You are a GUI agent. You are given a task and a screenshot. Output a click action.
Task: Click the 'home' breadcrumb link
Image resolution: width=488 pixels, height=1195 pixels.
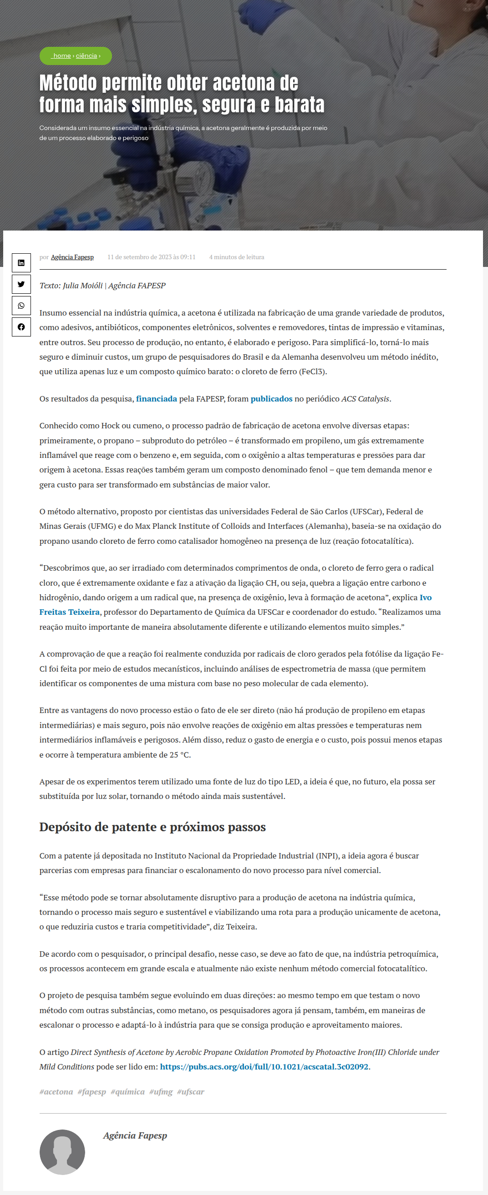(x=62, y=55)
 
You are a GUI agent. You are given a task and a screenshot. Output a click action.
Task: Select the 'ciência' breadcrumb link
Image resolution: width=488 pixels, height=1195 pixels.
(x=86, y=55)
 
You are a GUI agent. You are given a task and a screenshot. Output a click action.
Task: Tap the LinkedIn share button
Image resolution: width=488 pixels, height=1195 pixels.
(x=21, y=262)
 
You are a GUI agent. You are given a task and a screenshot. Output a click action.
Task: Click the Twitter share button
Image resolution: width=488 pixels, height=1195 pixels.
(x=21, y=284)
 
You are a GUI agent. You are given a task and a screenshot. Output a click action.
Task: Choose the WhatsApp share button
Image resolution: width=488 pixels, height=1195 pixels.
(x=21, y=306)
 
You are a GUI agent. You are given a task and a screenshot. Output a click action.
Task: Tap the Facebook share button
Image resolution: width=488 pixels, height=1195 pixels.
(x=21, y=327)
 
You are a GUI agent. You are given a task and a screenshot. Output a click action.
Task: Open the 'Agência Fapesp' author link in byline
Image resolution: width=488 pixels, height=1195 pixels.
(x=72, y=257)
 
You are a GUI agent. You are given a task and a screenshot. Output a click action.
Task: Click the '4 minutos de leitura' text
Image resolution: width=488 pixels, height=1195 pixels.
(x=236, y=257)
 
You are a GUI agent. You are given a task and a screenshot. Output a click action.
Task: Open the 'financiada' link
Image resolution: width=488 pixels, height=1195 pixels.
(x=156, y=398)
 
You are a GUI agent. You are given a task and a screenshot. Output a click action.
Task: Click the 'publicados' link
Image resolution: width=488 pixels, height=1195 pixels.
(x=271, y=398)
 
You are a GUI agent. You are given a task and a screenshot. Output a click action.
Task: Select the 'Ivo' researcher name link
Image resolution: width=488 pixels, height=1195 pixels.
(x=425, y=597)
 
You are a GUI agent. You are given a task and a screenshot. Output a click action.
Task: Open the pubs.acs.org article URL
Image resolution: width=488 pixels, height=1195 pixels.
(x=264, y=1066)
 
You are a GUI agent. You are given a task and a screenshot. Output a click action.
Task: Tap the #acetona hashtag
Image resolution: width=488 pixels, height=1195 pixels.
(x=56, y=1091)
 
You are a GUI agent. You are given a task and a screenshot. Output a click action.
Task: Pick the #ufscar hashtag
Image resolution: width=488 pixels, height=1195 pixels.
(x=190, y=1091)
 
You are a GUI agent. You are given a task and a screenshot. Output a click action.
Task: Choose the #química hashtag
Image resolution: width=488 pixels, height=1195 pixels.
(x=127, y=1091)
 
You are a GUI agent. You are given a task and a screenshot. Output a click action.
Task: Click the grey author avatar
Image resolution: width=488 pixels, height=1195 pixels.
(x=62, y=1152)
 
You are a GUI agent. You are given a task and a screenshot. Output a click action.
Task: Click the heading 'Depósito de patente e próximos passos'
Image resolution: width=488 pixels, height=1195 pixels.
(x=152, y=827)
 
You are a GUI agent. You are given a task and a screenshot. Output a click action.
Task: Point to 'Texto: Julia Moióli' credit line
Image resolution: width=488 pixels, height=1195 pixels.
(x=102, y=285)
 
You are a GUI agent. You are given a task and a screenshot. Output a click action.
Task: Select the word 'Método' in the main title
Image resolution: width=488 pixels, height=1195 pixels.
(x=68, y=83)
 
